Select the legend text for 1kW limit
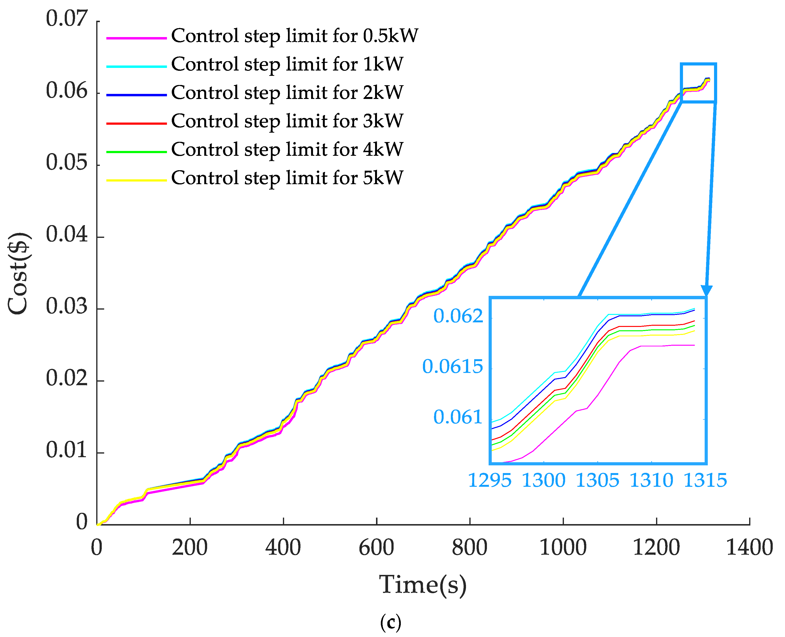tap(287, 65)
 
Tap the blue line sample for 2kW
tap(136, 95)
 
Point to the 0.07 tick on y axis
tap(67, 19)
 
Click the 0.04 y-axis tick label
tap(67, 234)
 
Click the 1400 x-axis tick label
tap(749, 548)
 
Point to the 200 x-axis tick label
tap(190, 548)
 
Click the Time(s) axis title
tap(423, 585)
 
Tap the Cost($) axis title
tap(18, 273)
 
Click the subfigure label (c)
tap(390, 622)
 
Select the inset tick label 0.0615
tap(453, 367)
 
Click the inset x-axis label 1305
tap(597, 480)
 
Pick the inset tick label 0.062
tap(458, 316)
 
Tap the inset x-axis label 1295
tap(490, 480)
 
